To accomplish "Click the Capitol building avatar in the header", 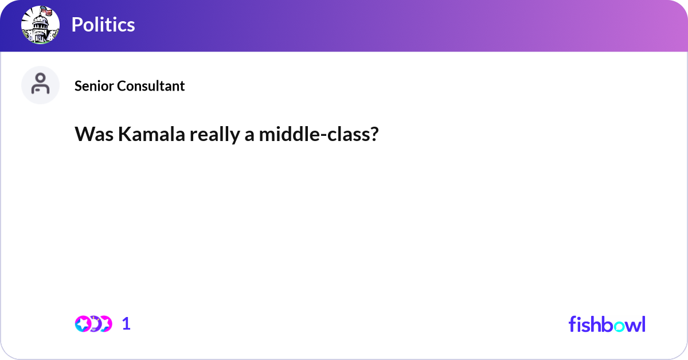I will (x=40, y=25).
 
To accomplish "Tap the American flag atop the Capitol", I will (x=47, y=11).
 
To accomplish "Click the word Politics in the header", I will (x=103, y=25).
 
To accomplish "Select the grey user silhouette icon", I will (x=40, y=84).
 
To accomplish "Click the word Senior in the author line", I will (x=94, y=86).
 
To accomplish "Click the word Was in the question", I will (x=93, y=135).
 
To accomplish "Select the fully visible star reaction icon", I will (x=84, y=324).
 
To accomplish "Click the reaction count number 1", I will (x=126, y=324).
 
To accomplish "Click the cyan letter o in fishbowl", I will (x=618, y=325).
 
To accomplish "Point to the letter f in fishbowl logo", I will (x=572, y=324).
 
